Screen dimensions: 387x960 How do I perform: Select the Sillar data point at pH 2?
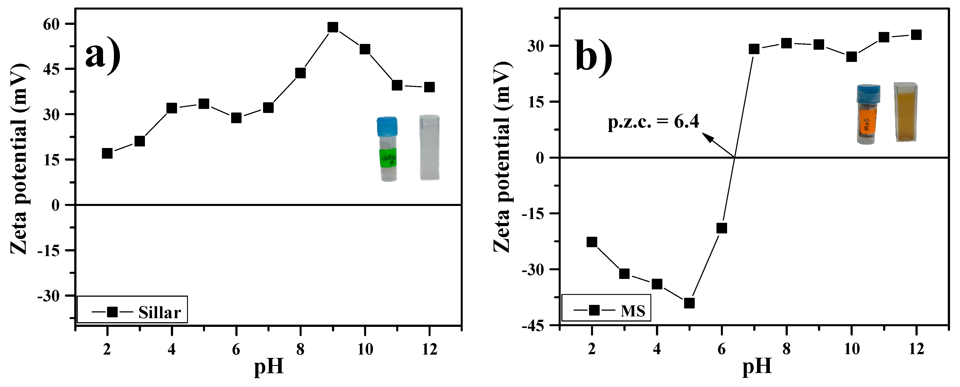coord(107,153)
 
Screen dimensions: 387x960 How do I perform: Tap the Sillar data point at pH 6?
coord(236,118)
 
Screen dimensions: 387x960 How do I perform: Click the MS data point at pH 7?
coord(754,49)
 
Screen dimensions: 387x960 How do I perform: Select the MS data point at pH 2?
coord(592,242)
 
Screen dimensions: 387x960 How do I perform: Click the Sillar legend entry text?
coord(160,312)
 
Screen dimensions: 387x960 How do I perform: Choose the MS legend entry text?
coord(633,310)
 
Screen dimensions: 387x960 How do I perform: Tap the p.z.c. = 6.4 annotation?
coord(653,122)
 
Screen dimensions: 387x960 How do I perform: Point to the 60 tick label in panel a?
coord(51,24)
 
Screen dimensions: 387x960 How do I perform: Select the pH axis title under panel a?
coord(269,367)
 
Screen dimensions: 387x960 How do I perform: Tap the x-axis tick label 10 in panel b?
coord(851,349)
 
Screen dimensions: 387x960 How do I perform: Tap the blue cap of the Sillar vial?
coord(387,126)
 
